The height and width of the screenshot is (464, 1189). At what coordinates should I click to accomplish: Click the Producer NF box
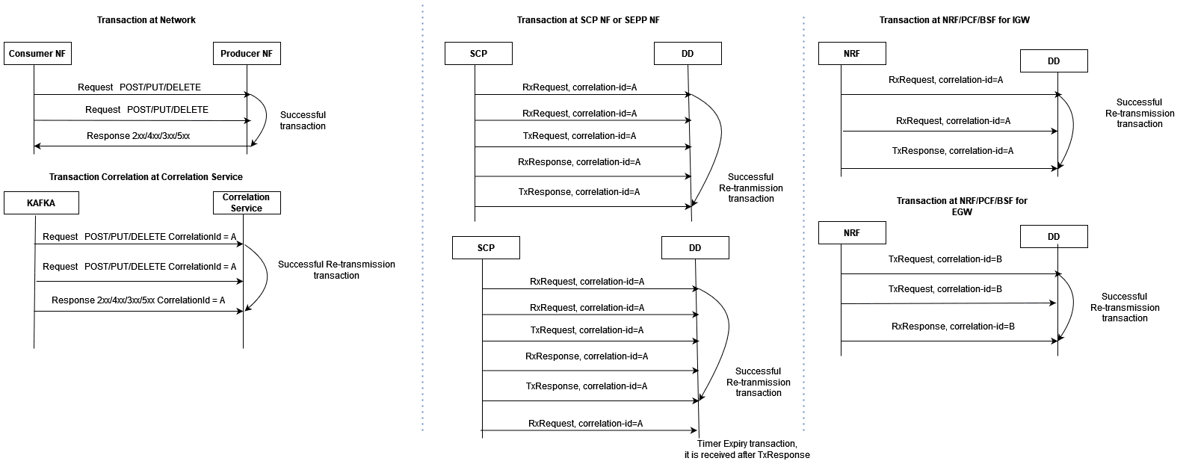pyautogui.click(x=247, y=54)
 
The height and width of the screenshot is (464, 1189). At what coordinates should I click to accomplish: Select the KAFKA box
pyautogui.click(x=41, y=203)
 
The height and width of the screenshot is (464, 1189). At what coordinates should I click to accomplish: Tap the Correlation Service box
pyautogui.click(x=247, y=202)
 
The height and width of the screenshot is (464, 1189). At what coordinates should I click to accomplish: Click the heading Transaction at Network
pyautogui.click(x=146, y=20)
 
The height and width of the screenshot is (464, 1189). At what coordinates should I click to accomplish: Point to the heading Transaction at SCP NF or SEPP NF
pyautogui.click(x=588, y=20)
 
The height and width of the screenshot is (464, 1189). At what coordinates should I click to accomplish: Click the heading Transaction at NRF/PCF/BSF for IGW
pyautogui.click(x=954, y=20)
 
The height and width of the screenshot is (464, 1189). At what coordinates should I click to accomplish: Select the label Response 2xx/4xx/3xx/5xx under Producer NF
pyautogui.click(x=138, y=136)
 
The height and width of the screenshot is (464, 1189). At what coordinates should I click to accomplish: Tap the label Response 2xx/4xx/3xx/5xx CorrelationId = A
pyautogui.click(x=138, y=300)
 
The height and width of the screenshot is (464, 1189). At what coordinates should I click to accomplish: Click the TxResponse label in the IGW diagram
pyautogui.click(x=952, y=151)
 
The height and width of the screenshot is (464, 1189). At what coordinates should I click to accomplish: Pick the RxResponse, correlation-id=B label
pyautogui.click(x=953, y=327)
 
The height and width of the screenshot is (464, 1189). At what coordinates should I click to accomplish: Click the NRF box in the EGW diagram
pyautogui.click(x=852, y=232)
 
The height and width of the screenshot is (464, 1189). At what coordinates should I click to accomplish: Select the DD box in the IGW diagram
pyautogui.click(x=1054, y=61)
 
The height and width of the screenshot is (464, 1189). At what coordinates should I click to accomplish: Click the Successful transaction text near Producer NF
pyautogui.click(x=303, y=120)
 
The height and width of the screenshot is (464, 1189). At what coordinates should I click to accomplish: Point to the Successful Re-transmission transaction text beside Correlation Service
pyautogui.click(x=336, y=270)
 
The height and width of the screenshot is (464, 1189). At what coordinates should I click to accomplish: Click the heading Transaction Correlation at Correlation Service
pyautogui.click(x=146, y=177)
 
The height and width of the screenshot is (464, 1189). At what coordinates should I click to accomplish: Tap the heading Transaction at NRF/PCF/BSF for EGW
pyautogui.click(x=962, y=206)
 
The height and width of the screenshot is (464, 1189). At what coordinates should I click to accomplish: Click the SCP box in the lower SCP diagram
pyautogui.click(x=486, y=248)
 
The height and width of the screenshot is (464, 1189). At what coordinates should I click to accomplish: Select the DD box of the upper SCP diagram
pyautogui.click(x=688, y=54)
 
